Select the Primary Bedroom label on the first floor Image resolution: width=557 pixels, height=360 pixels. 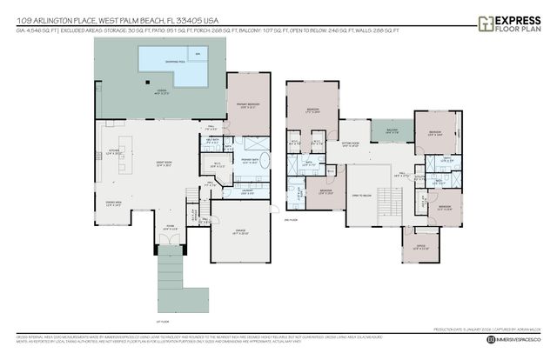[247, 105]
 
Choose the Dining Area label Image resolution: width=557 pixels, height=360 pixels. [111, 204]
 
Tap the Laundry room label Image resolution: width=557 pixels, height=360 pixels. [247, 192]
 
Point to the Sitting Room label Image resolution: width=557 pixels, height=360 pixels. [351, 145]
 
